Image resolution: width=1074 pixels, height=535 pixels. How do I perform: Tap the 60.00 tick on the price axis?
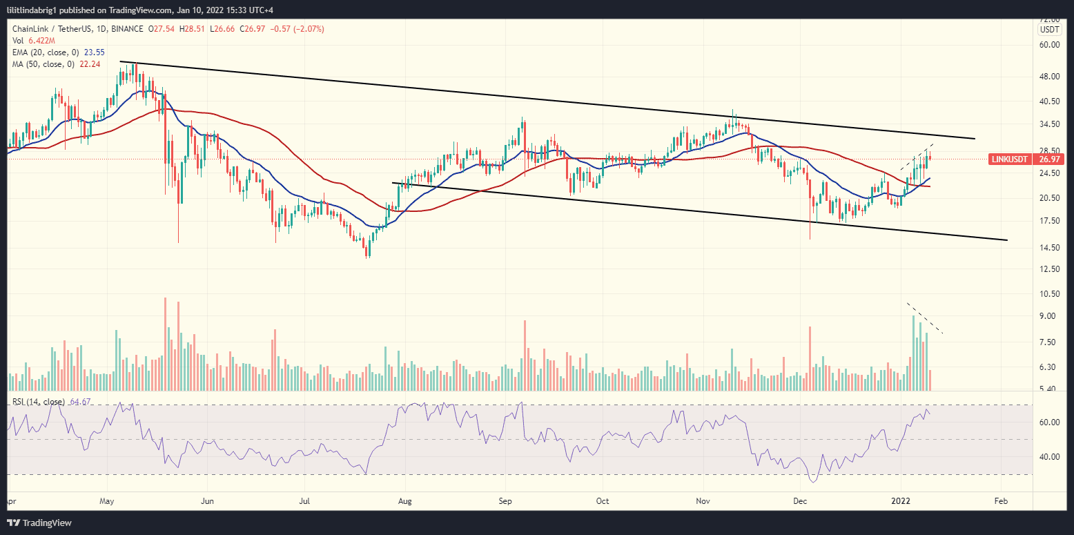coord(1049,44)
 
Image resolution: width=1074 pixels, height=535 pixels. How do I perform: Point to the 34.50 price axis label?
coord(1049,124)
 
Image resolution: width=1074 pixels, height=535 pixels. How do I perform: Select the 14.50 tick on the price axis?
coord(1049,248)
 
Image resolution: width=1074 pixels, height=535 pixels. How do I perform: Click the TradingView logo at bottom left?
coord(39,523)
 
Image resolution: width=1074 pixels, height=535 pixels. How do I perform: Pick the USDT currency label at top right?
coord(1050,29)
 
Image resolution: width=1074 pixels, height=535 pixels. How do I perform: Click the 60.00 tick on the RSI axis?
coord(1049,422)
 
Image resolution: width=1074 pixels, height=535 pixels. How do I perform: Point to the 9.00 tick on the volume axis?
coord(1049,316)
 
